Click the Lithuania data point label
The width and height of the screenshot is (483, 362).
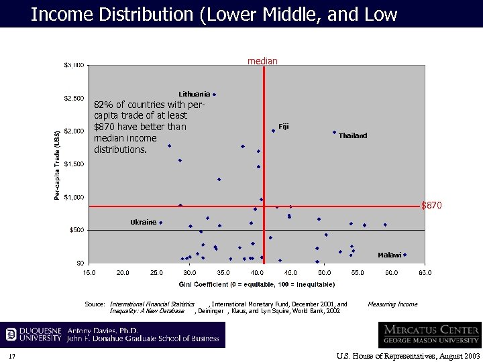click(194, 94)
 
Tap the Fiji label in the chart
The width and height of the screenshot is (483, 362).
click(283, 127)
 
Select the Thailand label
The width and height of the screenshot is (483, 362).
click(352, 136)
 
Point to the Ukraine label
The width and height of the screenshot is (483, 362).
click(143, 222)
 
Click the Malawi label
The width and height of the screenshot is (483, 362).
click(389, 255)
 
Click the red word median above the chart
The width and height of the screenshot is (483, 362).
click(262, 61)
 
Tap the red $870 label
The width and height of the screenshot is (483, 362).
click(431, 205)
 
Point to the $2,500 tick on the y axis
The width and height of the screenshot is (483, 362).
click(74, 99)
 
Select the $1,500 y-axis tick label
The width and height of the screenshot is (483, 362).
click(74, 164)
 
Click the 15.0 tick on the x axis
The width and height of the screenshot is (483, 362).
click(89, 273)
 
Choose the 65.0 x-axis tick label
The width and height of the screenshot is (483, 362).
click(425, 273)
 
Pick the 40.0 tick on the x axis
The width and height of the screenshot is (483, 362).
click(257, 273)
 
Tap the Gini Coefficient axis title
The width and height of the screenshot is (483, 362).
click(257, 284)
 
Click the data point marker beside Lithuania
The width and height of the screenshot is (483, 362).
click(215, 95)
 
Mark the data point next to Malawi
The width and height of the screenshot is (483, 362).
click(405, 255)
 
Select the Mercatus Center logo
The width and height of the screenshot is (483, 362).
click(429, 335)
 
